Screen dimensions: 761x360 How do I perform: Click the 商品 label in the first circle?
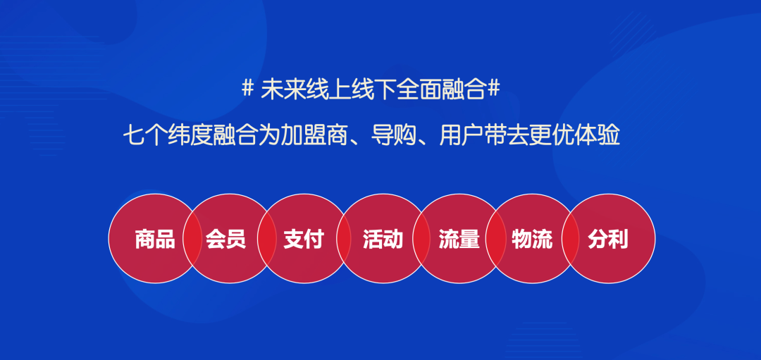[155, 239]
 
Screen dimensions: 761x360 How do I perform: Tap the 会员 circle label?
[225, 239]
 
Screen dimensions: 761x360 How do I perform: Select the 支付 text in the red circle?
[303, 239]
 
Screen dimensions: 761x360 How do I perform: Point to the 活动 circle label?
[383, 239]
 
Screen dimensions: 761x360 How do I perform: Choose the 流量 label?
[459, 239]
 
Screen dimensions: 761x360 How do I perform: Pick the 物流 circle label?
[532, 239]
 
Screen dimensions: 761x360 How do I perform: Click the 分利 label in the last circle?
[607, 239]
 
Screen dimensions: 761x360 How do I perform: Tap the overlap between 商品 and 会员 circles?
[192, 238]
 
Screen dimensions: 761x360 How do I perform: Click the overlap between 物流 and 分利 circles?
[570, 238]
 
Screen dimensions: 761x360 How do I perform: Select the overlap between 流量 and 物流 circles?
[495, 238]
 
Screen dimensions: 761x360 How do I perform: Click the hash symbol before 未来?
[247, 89]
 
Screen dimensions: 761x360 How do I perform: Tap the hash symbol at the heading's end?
[493, 89]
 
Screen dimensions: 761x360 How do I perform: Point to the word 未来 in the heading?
[283, 89]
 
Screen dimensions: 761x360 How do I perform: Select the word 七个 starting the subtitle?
[145, 136]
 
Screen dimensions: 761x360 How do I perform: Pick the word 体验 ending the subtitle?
[598, 136]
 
